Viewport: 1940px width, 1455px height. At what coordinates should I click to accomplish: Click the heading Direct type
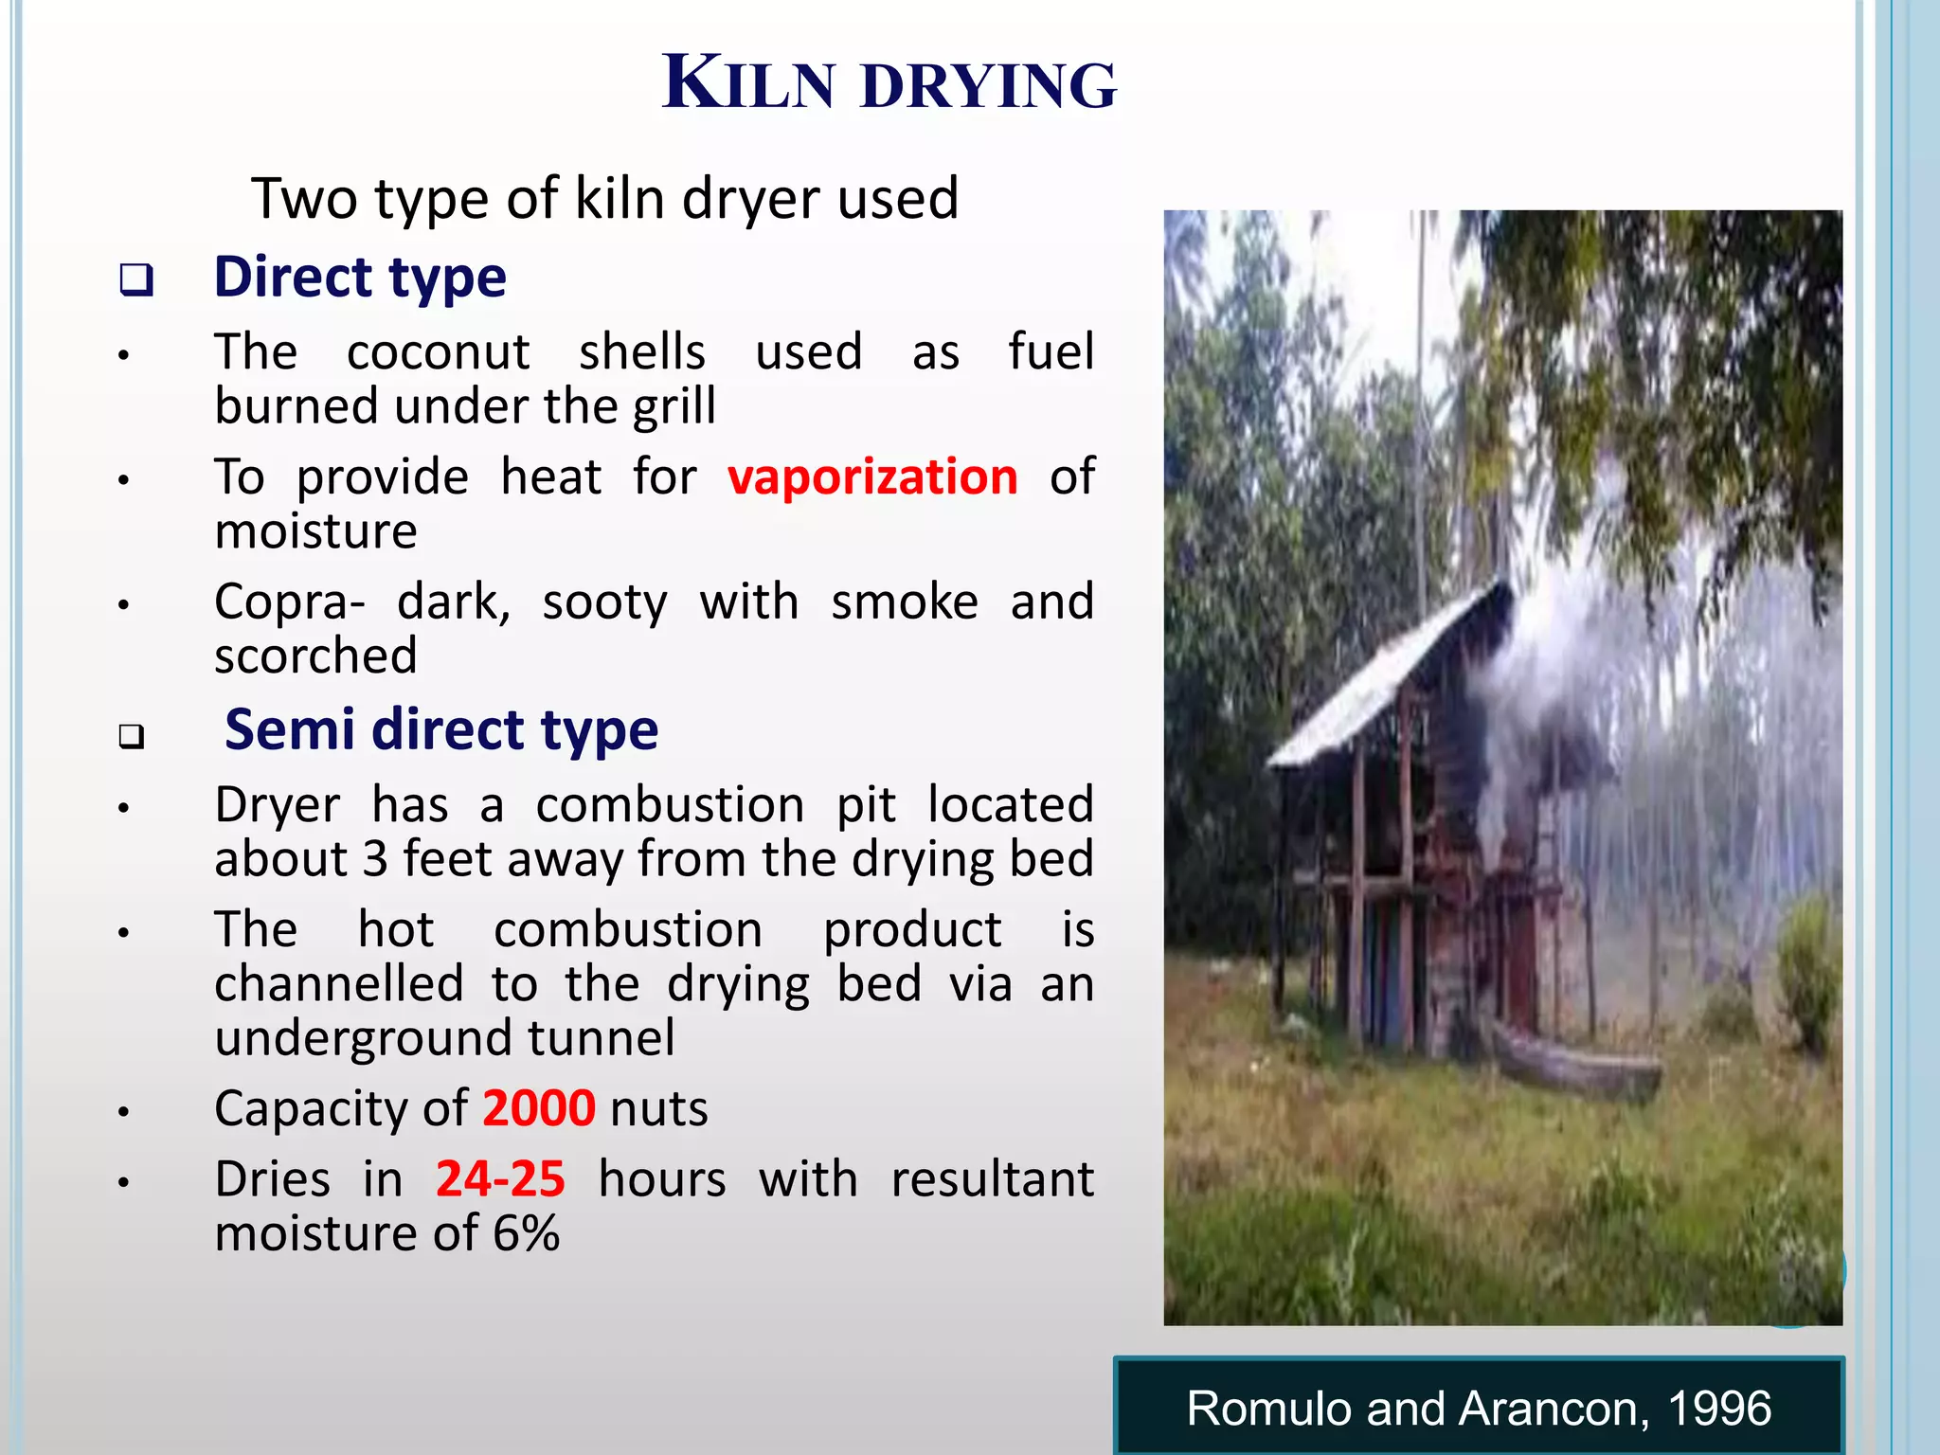click(x=360, y=278)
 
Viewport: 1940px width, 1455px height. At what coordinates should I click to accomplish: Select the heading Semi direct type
click(x=440, y=730)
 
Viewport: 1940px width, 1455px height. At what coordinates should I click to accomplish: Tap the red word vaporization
click(x=872, y=476)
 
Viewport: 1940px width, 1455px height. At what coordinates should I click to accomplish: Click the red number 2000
click(x=539, y=1108)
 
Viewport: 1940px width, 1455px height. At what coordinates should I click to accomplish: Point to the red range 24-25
click(x=500, y=1179)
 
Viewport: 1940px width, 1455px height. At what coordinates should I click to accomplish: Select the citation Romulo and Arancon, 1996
click(x=1478, y=1409)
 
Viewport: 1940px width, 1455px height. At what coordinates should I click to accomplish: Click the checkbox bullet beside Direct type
click(x=136, y=280)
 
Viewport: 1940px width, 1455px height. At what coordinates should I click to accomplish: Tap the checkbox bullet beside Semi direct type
click(x=133, y=736)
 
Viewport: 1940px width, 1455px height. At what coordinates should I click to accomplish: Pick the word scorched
click(x=315, y=656)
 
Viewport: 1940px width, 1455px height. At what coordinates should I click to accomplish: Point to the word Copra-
click(x=290, y=603)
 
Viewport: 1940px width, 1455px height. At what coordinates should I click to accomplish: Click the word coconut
click(x=438, y=352)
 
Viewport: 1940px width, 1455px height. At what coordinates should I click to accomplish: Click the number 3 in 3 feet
click(x=375, y=860)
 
